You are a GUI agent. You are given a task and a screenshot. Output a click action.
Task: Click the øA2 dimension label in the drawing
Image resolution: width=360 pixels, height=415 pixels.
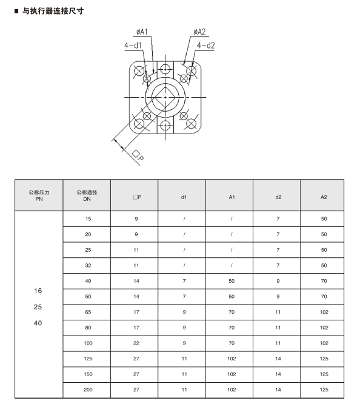(199, 32)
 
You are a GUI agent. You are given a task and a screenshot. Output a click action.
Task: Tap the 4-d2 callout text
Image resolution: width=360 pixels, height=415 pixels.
(205, 45)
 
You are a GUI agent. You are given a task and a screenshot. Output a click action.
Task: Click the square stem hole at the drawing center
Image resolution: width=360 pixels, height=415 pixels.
(165, 97)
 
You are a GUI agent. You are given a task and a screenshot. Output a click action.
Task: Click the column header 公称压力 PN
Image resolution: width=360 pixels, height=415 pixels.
(39, 195)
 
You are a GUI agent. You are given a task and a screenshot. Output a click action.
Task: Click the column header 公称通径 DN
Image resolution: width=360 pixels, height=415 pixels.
(87, 195)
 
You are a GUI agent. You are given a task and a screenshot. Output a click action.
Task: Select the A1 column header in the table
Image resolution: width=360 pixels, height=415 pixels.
(232, 196)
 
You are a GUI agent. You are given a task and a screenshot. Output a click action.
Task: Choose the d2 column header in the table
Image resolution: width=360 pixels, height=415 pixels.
(278, 196)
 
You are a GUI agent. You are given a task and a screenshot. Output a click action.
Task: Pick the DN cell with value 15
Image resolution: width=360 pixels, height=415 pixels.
(87, 218)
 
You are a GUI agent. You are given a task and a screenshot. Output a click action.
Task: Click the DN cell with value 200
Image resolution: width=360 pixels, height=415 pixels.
(87, 390)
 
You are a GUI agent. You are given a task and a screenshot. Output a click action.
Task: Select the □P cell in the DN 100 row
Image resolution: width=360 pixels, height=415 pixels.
(136, 343)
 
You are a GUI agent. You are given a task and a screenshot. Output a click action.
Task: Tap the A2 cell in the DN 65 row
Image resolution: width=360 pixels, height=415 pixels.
(324, 312)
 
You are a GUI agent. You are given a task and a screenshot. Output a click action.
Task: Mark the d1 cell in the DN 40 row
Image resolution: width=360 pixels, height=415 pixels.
(184, 281)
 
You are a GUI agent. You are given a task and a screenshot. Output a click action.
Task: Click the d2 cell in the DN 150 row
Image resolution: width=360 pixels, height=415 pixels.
(278, 374)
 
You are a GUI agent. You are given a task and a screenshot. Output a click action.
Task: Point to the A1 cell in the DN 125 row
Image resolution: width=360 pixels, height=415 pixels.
(232, 359)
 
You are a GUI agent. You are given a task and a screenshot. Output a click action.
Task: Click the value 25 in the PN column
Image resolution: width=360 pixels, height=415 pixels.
(38, 307)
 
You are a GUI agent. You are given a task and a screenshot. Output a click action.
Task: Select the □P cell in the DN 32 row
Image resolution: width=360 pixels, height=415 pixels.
(136, 265)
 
